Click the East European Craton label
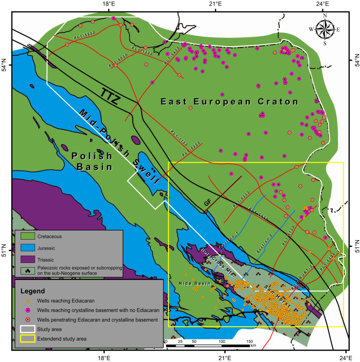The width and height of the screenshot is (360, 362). [229, 102]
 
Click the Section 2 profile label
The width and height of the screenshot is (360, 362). [264, 247]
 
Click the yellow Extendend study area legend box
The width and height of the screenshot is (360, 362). [28, 339]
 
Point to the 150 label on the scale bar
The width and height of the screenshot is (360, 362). [250, 342]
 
